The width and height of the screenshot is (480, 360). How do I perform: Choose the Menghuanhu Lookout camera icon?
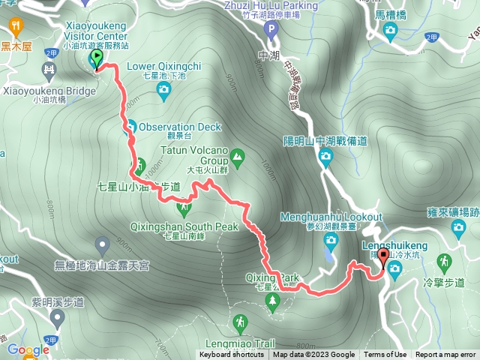(331, 240)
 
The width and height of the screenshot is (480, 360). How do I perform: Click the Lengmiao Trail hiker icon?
(239, 323)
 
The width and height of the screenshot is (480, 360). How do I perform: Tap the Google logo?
(28, 349)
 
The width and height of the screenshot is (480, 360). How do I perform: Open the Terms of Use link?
(385, 355)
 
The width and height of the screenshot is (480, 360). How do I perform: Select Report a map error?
(445, 355)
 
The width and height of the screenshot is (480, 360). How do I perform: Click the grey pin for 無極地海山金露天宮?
(103, 244)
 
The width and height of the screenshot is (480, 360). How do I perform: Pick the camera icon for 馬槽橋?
(390, 29)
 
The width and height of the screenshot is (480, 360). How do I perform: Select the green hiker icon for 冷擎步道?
(444, 262)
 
